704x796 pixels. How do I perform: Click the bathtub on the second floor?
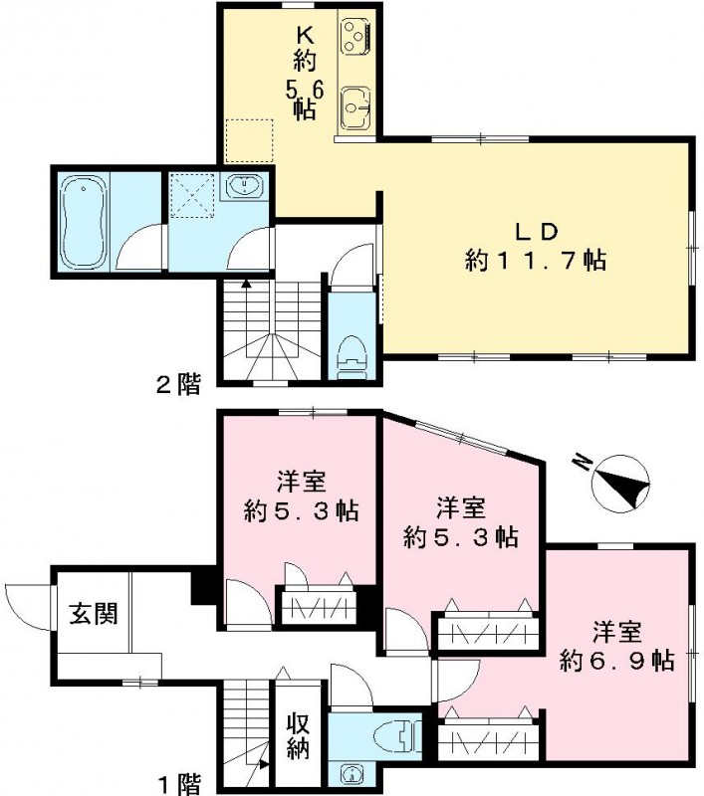click(82, 221)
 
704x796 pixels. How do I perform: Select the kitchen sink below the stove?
click(354, 103)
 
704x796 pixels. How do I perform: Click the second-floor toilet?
click(351, 352)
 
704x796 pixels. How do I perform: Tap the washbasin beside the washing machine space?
click(243, 187)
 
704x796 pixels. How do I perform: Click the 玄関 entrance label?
click(93, 613)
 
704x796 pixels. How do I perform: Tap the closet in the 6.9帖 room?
click(490, 741)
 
